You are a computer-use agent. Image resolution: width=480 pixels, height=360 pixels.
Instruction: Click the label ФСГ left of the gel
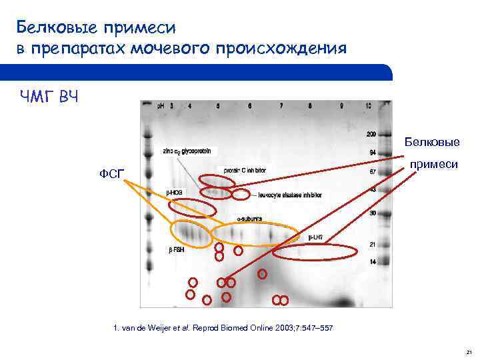click(x=111, y=175)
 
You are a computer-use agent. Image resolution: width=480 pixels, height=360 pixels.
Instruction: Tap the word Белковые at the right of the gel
click(x=431, y=142)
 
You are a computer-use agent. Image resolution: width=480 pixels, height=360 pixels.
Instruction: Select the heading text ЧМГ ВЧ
click(x=49, y=99)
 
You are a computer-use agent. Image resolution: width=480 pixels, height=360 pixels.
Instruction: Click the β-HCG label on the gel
click(x=174, y=192)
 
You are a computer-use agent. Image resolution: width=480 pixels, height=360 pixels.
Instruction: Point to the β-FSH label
click(x=176, y=251)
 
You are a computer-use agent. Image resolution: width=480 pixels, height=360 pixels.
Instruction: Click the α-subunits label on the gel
click(x=250, y=219)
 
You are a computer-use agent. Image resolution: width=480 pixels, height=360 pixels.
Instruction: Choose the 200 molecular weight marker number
click(x=371, y=135)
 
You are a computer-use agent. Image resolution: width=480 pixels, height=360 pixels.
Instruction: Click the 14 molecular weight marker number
click(x=372, y=261)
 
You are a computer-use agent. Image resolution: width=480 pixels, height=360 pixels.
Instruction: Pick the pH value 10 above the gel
click(x=368, y=105)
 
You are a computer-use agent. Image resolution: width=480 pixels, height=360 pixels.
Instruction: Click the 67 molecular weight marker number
click(x=372, y=172)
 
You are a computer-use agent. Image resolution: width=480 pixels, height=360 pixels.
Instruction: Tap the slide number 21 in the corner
click(x=469, y=351)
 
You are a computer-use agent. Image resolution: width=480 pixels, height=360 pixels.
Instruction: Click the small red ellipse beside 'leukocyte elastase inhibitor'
click(x=241, y=195)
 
